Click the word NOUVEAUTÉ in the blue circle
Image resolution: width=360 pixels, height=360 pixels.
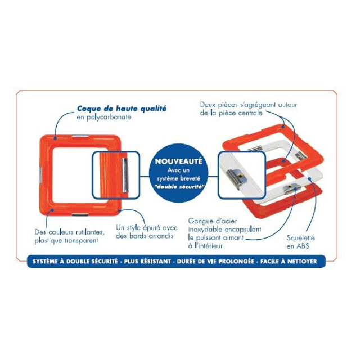click(x=178, y=161)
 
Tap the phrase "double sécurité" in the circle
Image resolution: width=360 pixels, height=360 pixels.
click(x=178, y=187)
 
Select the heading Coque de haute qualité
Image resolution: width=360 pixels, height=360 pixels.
click(x=121, y=109)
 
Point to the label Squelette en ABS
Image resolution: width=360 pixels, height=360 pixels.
click(x=300, y=242)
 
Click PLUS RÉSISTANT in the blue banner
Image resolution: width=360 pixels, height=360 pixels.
click(x=147, y=261)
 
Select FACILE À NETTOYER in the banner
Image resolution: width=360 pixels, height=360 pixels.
click(x=289, y=261)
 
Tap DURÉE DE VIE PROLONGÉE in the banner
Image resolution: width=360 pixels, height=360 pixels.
click(x=215, y=261)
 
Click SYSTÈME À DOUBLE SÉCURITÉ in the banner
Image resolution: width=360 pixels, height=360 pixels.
click(x=75, y=261)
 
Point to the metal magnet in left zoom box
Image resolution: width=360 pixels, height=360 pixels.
click(x=125, y=175)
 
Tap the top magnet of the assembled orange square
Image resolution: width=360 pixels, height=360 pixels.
click(x=80, y=136)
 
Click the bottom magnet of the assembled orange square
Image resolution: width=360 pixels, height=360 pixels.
click(x=80, y=215)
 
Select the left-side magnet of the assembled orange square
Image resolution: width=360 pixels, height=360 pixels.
click(x=40, y=175)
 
